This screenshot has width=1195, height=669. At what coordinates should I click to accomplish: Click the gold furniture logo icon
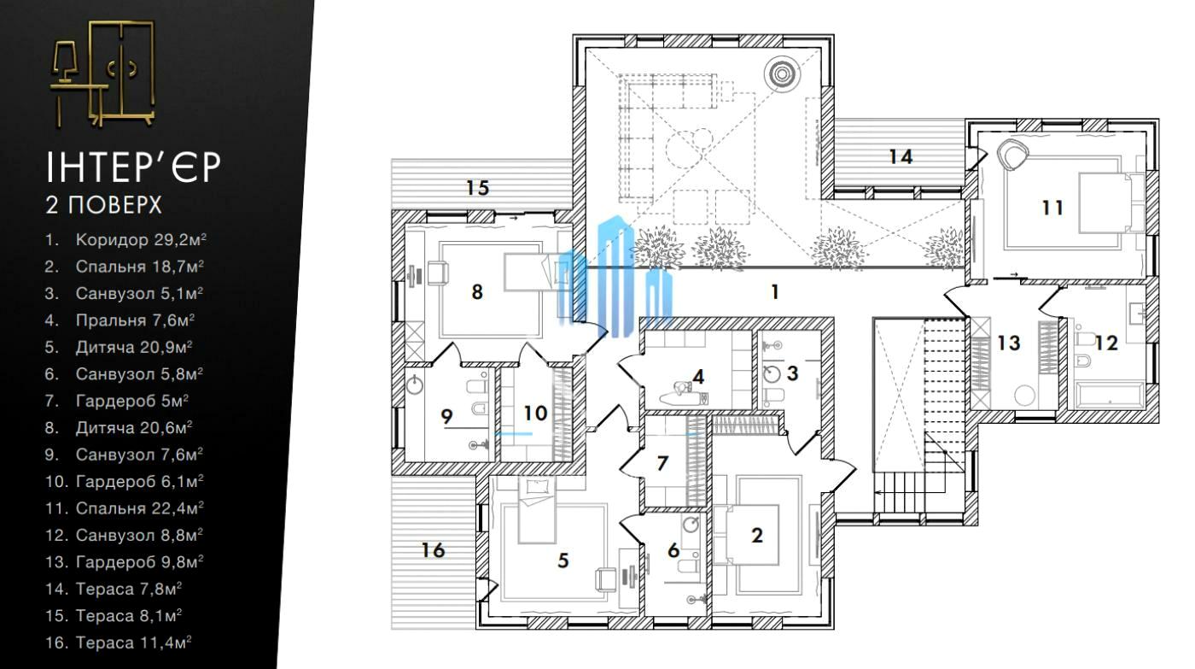103,73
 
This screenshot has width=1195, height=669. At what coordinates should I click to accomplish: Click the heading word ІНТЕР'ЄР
133,167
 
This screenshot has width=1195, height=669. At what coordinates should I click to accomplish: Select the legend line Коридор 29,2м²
126,240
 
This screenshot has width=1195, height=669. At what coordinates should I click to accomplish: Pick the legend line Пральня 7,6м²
119,320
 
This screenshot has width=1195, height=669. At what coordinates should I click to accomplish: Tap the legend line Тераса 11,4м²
119,643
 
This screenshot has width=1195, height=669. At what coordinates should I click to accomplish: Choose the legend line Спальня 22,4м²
125,508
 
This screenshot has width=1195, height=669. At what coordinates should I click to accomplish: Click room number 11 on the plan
1052,207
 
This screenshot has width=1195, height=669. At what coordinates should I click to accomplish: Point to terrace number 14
901,156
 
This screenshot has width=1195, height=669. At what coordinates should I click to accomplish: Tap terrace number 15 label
477,188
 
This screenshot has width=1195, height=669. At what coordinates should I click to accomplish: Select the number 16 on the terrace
433,550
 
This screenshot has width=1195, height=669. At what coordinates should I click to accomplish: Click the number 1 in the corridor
775,291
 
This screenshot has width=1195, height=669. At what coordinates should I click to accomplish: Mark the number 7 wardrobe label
662,463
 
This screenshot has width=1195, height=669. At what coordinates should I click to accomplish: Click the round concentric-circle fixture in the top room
782,73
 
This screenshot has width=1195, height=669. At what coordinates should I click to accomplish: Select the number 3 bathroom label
793,373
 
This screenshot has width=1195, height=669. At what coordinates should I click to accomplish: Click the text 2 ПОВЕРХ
103,205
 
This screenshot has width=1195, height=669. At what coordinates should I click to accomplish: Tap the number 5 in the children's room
563,560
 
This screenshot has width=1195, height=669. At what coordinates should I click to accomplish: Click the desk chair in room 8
437,273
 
